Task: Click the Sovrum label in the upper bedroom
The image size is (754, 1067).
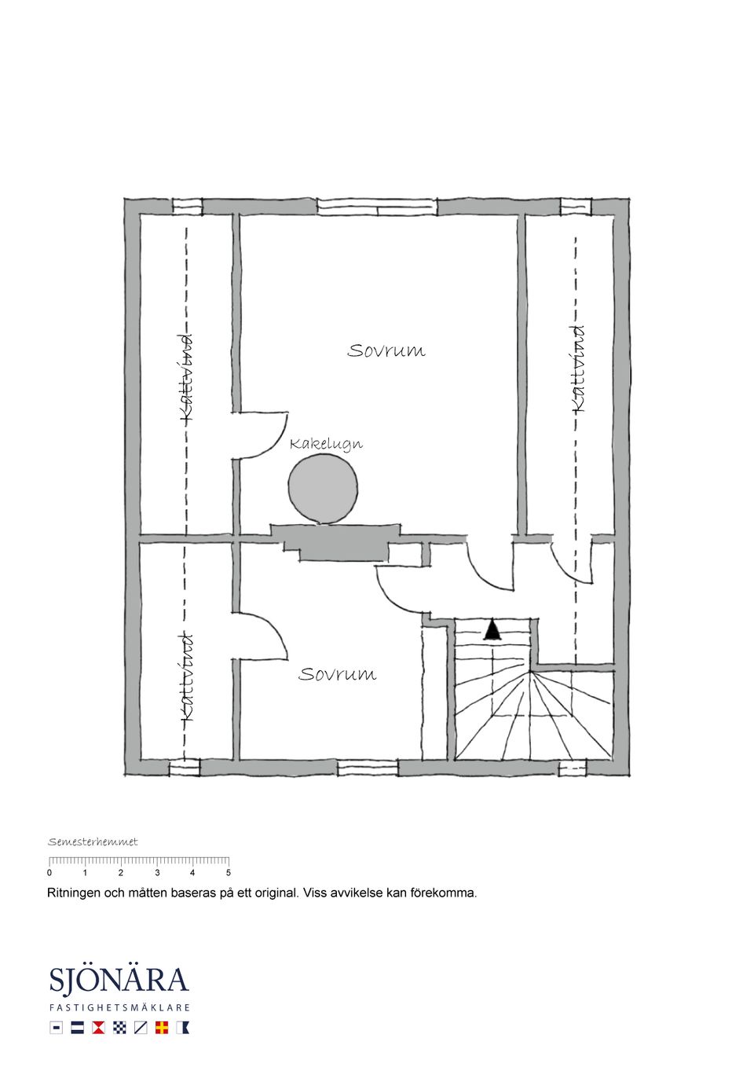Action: point(386,350)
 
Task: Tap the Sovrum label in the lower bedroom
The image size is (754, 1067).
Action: point(337,674)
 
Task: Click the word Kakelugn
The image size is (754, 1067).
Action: point(326,444)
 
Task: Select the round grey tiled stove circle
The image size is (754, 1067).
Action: point(323,488)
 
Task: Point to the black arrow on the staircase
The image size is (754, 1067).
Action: point(492,630)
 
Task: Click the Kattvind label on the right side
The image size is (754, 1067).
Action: point(577,368)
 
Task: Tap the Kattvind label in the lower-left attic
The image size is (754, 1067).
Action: point(186,676)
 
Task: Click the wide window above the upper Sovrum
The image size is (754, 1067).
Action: point(376,207)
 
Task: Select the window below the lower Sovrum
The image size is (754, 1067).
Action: point(368,768)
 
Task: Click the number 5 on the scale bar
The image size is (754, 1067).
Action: point(229,873)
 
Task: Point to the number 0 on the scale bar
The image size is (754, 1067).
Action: point(49,873)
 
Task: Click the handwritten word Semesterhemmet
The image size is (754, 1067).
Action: point(93,842)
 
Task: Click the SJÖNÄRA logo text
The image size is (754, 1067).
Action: point(119,982)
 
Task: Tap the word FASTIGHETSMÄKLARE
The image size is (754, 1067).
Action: point(119,1007)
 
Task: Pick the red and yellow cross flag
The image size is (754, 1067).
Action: point(161,1027)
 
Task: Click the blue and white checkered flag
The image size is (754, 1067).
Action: point(119,1027)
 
